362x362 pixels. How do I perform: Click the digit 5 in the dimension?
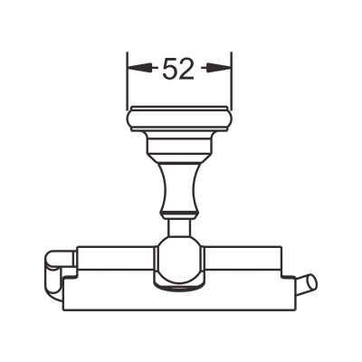pyautogui.click(x=170, y=69)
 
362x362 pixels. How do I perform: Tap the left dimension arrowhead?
pyautogui.click(x=139, y=68)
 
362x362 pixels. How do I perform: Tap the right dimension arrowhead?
pyautogui.click(x=219, y=68)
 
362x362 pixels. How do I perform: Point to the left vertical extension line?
pyautogui.click(x=127, y=81)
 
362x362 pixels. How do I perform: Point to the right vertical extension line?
pyautogui.click(x=232, y=81)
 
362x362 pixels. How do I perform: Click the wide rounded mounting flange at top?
pyautogui.click(x=179, y=119)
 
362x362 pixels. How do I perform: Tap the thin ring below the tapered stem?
pyautogui.click(x=179, y=215)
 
